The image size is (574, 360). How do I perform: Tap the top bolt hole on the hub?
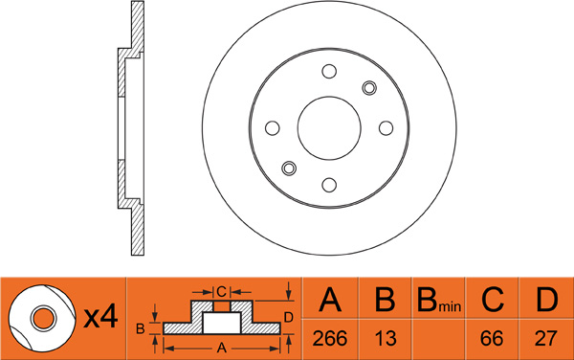329,71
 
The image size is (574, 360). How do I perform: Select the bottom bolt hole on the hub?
329,185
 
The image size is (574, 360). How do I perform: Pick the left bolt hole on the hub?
273,128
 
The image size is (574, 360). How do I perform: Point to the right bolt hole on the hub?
386,128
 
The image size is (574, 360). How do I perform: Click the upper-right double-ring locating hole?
369,88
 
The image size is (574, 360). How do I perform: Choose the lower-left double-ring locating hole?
289,169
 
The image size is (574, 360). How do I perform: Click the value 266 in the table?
329,338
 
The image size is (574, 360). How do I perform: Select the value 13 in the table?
386,338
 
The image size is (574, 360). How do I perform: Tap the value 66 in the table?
492,338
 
